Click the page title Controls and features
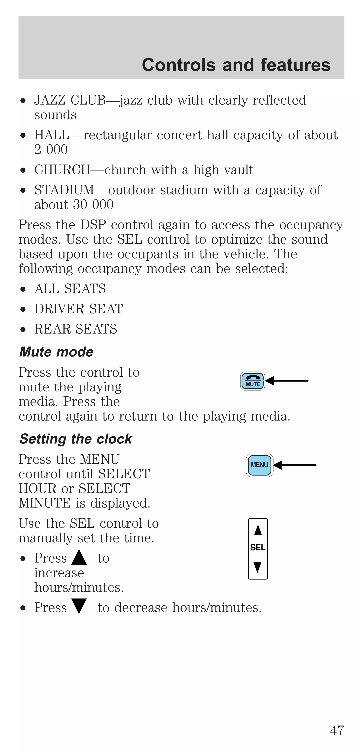236,65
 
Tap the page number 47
337,730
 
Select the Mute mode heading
56,352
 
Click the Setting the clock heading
76,439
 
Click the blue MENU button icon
259,465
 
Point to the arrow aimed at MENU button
295,465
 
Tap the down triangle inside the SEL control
258,567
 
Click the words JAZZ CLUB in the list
70,100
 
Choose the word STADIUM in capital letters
64,190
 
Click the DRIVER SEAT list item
79,309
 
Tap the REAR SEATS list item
76,329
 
